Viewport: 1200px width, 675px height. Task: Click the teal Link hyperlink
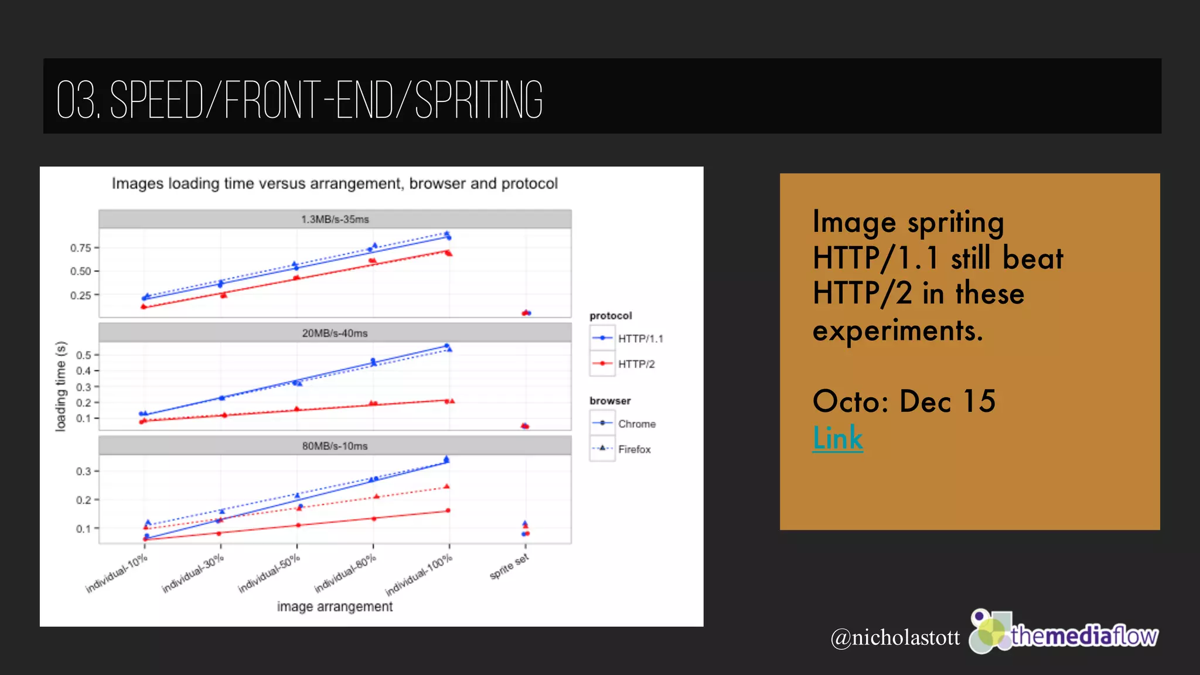[837, 438]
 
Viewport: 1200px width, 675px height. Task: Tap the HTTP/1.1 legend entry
[640, 339]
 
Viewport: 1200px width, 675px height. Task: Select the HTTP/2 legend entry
[636, 364]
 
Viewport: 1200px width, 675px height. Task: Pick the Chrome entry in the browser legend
[636, 424]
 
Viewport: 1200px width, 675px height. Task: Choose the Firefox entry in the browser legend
[634, 449]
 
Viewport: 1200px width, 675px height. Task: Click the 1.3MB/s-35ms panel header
[335, 219]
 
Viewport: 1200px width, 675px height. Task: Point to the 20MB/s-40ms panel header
[335, 333]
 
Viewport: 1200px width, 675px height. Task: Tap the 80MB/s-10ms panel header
[335, 446]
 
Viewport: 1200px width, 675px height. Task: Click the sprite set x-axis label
[510, 567]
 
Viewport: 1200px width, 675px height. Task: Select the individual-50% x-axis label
[270, 573]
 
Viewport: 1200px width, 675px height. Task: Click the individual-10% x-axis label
[117, 573]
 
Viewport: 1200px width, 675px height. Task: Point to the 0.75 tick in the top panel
[81, 248]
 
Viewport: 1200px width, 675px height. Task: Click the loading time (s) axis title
[60, 387]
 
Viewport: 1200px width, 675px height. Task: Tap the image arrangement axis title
[335, 606]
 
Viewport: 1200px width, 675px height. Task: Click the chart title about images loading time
[335, 183]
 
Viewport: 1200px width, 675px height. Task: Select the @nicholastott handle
[895, 637]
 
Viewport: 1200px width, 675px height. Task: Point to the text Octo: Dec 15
[904, 401]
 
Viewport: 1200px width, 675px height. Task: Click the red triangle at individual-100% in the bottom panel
[446, 486]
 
